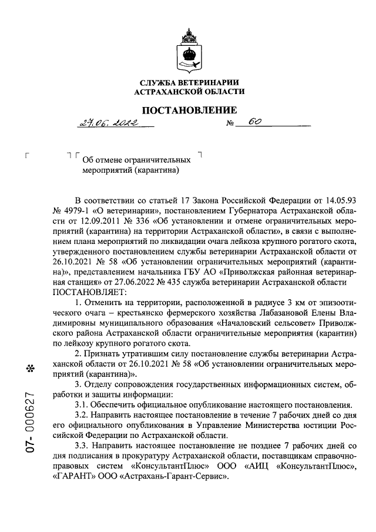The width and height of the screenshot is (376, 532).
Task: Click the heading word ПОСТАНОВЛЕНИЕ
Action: (188, 110)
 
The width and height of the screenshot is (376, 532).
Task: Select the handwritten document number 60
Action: (254, 122)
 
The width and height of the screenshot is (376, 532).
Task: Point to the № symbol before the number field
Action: (230, 123)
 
